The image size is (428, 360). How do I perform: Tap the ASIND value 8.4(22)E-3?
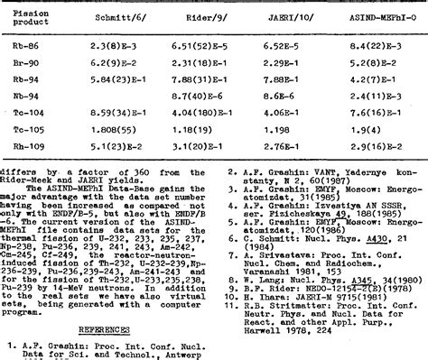[378, 42]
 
